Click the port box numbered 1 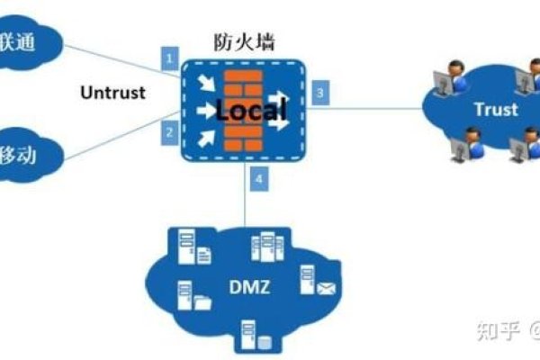pos(167,59)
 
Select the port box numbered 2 pos(167,132)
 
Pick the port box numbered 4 pos(258,179)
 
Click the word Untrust pos(112,93)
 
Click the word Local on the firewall pos(249,111)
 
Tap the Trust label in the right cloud pos(496,110)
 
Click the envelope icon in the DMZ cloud pos(325,289)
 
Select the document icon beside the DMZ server pos(204,256)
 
